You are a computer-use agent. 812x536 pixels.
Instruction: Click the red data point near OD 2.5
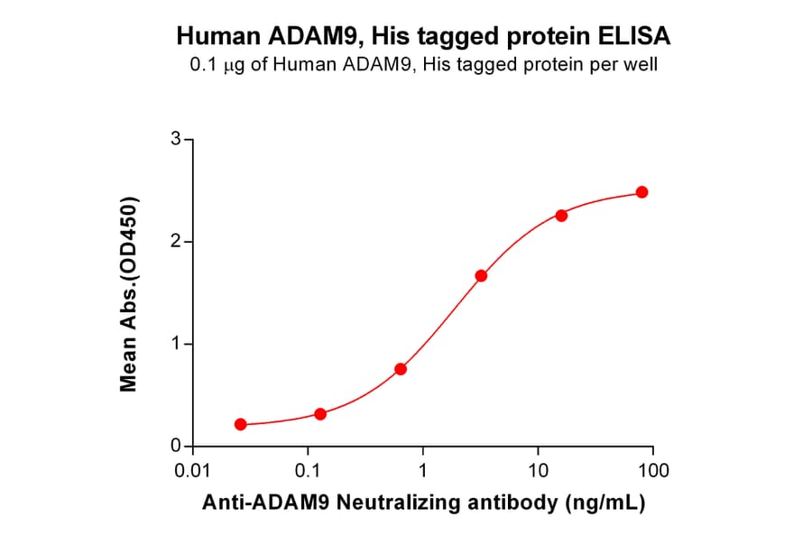coord(641,192)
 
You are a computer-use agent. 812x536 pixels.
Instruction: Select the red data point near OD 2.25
coord(561,216)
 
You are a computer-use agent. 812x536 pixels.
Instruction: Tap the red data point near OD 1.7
coord(481,275)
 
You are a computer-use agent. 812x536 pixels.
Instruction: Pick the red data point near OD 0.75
coord(401,369)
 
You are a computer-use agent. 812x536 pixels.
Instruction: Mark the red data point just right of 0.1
coord(320,414)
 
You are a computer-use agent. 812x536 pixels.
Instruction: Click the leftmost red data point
coord(240,424)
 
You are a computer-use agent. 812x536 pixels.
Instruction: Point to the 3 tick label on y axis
coord(176,139)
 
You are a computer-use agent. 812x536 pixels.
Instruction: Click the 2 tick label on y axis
coord(176,242)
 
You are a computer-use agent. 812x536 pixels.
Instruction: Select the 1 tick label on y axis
coord(176,344)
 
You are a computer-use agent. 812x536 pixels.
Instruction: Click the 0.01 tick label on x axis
coord(193,471)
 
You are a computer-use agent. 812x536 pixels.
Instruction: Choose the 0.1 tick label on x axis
coord(308,471)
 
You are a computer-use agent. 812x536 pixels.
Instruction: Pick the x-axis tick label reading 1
coord(423,471)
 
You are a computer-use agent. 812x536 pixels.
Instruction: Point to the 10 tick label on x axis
coord(538,471)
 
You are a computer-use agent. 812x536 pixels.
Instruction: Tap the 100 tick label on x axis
coord(652,471)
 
